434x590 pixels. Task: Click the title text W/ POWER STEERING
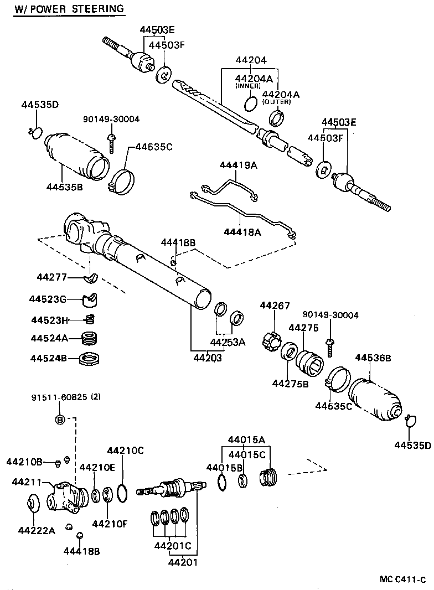click(x=69, y=9)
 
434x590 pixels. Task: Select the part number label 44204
click(x=251, y=60)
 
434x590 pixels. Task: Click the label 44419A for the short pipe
click(x=239, y=165)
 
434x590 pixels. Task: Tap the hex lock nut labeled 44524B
click(x=88, y=358)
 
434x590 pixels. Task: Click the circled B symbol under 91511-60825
click(x=60, y=419)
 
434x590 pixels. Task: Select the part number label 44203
click(x=208, y=358)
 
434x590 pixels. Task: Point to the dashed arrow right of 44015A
click(x=309, y=468)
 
